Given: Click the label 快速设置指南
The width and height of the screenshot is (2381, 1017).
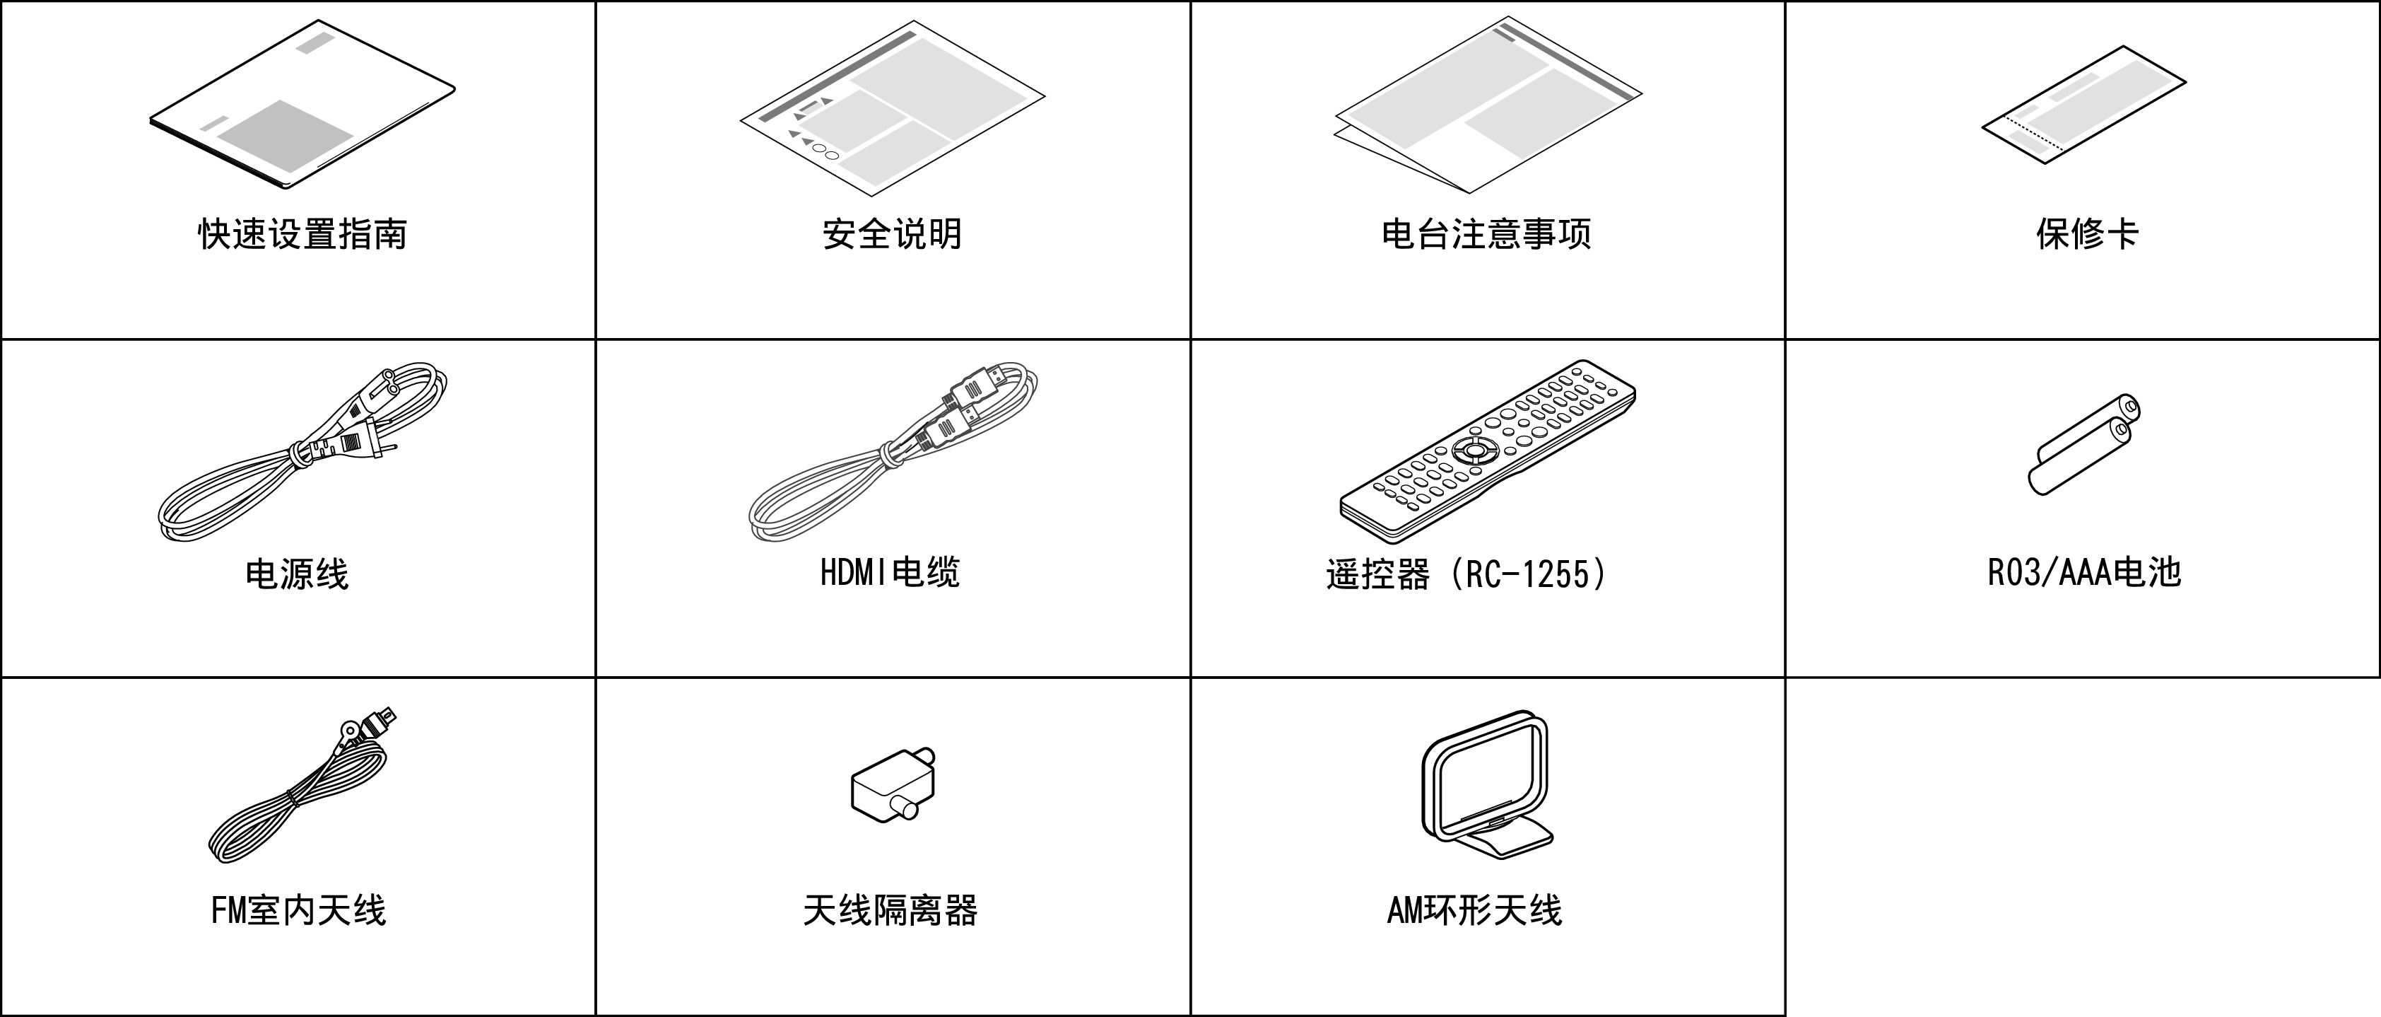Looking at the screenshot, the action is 302,234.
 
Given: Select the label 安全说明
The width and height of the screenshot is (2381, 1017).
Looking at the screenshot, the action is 892,234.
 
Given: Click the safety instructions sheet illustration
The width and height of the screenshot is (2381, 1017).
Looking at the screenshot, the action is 892,108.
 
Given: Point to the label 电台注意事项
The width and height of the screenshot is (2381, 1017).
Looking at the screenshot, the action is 1486,234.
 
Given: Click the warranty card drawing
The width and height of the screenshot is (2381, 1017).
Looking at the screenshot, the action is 2083,105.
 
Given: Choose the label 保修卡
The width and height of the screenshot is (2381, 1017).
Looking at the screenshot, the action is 2087,234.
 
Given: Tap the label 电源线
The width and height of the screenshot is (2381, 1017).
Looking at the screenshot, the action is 297,574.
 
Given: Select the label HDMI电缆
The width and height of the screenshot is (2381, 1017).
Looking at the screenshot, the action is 890,572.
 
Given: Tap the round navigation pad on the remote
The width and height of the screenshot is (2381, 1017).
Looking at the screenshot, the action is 1472,451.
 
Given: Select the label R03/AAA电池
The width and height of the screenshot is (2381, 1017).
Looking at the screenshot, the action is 2084,572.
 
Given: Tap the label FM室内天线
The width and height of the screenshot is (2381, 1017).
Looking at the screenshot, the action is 298,911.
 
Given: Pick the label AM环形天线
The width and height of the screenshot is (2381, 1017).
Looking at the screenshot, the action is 1474,911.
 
